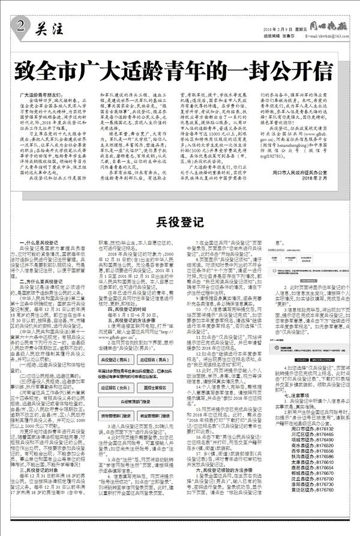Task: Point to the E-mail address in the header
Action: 319,36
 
